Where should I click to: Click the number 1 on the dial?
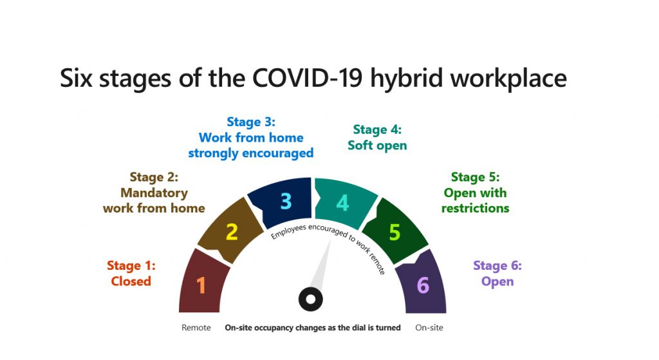[x=201, y=285]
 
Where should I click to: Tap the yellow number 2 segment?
[x=232, y=232]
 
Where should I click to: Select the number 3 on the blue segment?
[x=286, y=202]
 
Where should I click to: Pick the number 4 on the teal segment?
[x=343, y=203]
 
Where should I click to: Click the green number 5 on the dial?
[x=394, y=232]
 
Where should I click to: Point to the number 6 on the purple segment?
[x=423, y=285]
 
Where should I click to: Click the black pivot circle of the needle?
[x=310, y=299]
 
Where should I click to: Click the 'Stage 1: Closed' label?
[x=131, y=273]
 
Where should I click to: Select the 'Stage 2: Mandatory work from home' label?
[x=154, y=193]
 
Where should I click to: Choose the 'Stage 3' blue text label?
[x=250, y=137]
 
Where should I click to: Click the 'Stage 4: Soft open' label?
[x=377, y=138]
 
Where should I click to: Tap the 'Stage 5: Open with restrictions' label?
[x=475, y=193]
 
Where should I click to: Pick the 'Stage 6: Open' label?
[x=497, y=273]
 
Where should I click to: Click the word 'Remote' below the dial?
[x=196, y=328]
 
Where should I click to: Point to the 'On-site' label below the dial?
[x=429, y=328]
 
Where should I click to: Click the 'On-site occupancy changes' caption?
[x=312, y=328]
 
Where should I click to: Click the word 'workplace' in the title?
[x=508, y=79]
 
